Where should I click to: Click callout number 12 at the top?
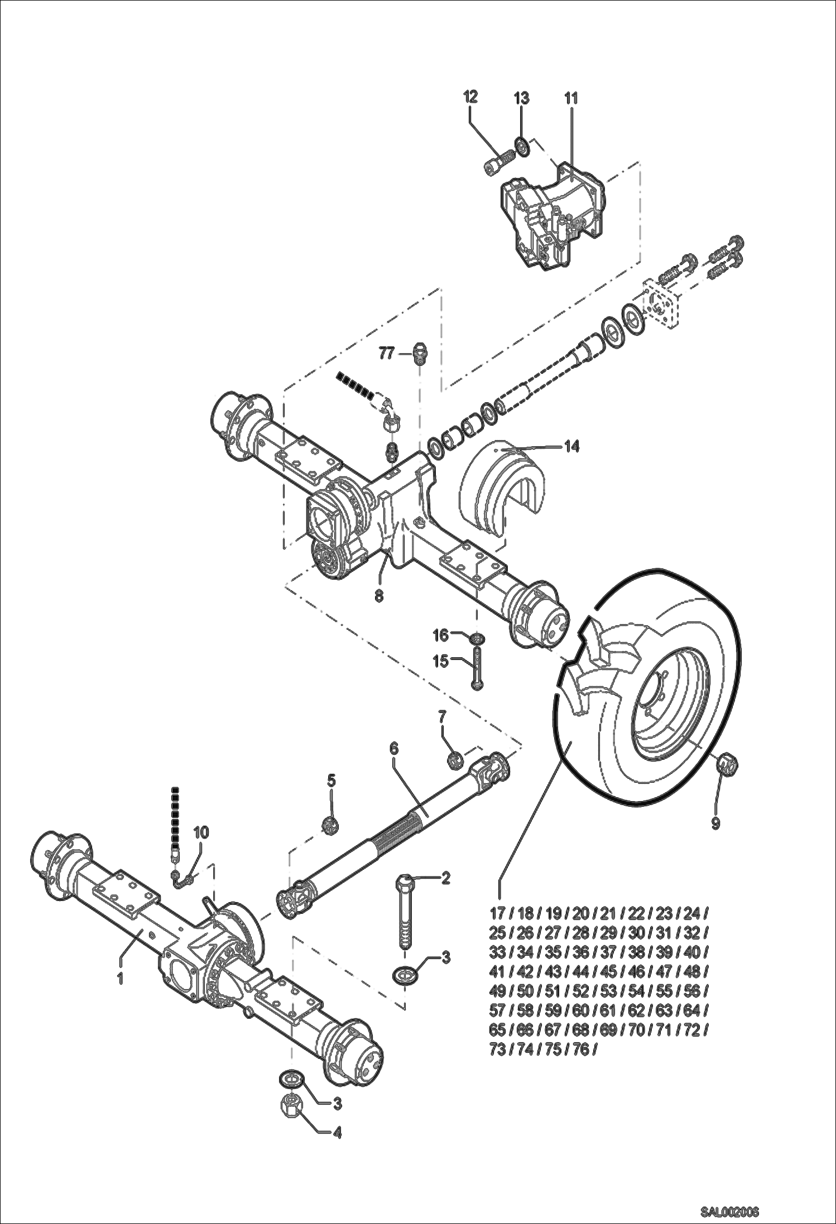point(470,97)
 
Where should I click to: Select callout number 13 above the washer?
point(521,99)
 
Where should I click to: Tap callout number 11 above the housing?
point(571,99)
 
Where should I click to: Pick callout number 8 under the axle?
point(379,596)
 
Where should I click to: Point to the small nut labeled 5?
point(330,822)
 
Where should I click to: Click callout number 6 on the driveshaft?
point(394,748)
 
